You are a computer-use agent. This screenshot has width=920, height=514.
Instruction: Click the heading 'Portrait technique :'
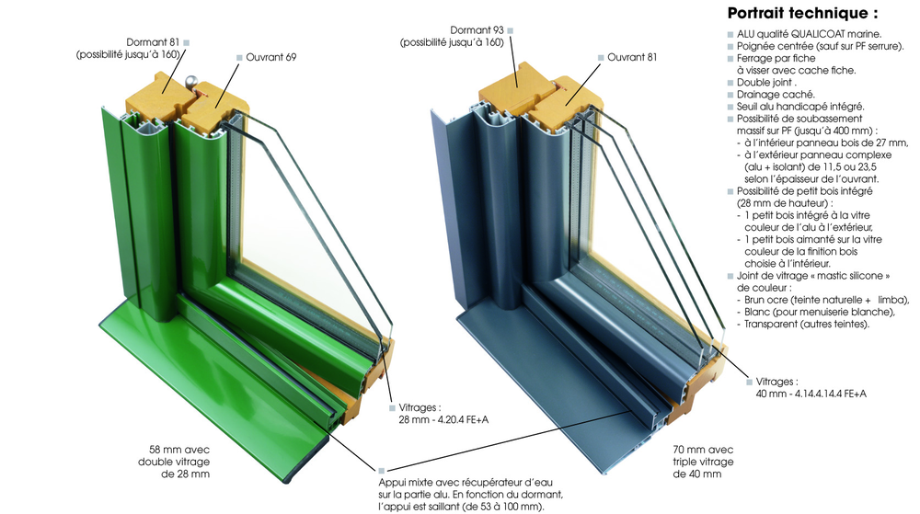(x=802, y=13)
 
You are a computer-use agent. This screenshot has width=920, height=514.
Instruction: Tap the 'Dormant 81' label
(x=153, y=42)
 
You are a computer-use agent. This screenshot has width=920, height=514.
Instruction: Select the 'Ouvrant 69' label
(x=271, y=57)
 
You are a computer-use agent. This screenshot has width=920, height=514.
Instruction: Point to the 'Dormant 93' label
(x=477, y=30)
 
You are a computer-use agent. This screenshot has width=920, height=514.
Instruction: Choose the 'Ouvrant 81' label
(x=632, y=57)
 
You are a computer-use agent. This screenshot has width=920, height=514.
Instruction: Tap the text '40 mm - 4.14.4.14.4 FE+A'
(x=811, y=394)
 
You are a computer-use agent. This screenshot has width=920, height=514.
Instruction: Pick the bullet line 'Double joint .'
(x=766, y=82)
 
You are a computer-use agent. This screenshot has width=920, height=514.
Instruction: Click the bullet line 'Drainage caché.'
(x=776, y=95)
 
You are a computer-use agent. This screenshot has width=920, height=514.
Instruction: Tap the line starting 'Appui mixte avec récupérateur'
(x=466, y=483)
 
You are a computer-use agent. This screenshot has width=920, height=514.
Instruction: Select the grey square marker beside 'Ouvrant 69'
(x=239, y=57)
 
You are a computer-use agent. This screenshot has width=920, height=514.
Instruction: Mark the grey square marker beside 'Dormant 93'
(x=511, y=30)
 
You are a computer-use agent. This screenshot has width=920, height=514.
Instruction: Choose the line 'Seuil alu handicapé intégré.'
(x=800, y=107)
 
